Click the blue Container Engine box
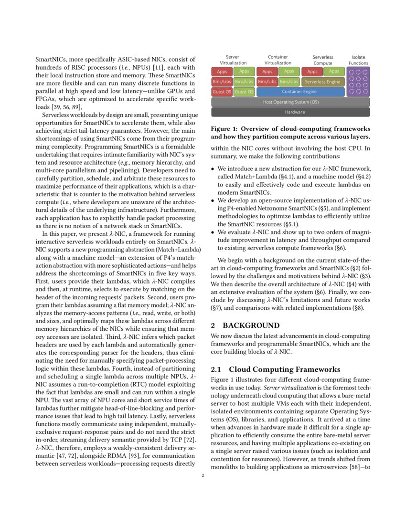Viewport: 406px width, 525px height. (x=299, y=91)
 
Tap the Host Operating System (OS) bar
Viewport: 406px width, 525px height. (x=290, y=102)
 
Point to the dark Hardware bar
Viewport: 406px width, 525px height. (x=290, y=112)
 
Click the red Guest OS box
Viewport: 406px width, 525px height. (x=222, y=91)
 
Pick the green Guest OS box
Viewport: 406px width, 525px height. (x=244, y=91)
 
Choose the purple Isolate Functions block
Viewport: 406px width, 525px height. (x=358, y=82)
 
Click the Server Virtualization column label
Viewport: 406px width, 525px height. (x=233, y=60)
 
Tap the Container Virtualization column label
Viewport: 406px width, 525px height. (x=278, y=60)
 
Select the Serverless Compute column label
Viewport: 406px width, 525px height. (x=322, y=60)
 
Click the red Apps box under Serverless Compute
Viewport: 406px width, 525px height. (x=312, y=72)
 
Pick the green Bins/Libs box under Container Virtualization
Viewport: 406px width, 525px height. (x=289, y=82)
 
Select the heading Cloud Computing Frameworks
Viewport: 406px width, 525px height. (x=284, y=369)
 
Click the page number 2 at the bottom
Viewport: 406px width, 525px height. (x=203, y=475)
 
